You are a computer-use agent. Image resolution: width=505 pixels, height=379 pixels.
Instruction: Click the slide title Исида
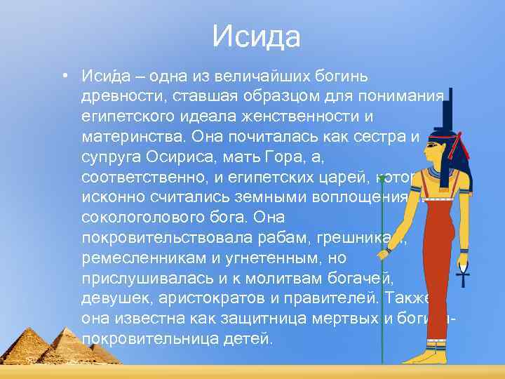tap(256, 36)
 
